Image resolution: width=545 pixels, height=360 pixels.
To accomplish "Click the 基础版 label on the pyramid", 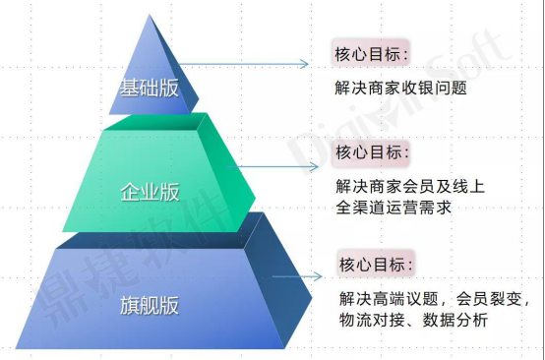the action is point(150,88).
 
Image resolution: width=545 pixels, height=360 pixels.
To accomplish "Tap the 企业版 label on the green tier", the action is point(150,192).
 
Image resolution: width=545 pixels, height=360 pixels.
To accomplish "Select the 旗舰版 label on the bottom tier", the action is point(150,306).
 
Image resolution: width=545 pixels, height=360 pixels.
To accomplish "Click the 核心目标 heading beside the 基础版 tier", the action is point(371,54).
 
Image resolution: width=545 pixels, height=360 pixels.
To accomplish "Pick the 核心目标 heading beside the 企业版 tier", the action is point(372,152).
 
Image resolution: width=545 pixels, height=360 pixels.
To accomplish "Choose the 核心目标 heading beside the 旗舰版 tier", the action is point(376,265).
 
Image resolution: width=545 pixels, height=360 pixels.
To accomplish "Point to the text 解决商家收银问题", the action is point(400,88).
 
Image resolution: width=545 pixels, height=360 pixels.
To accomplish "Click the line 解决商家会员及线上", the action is point(410,186).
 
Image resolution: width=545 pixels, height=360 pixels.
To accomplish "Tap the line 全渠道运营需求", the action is point(394,208).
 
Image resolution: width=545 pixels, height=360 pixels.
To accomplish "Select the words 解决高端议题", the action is point(389,298).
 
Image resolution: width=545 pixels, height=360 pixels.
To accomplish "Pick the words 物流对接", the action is point(372,320).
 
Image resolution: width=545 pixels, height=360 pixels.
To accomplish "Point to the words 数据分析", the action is point(454,320).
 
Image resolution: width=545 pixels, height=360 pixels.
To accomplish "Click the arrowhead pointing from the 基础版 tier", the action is point(305,64).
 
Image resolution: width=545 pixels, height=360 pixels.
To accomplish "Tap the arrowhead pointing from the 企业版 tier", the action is point(314,167).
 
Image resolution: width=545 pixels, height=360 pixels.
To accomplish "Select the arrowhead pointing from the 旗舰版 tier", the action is point(318,276).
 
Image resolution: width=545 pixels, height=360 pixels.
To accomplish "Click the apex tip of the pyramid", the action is point(150,15).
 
